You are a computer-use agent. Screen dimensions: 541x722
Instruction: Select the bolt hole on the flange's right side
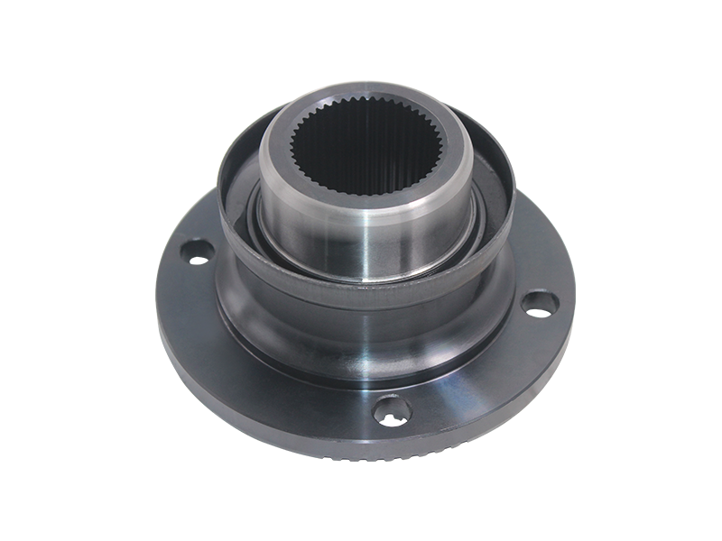539,303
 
